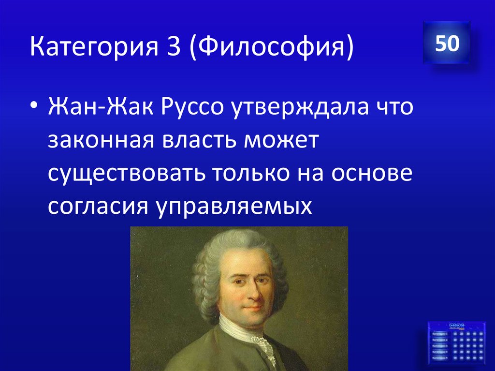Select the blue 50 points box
pos(447,44)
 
